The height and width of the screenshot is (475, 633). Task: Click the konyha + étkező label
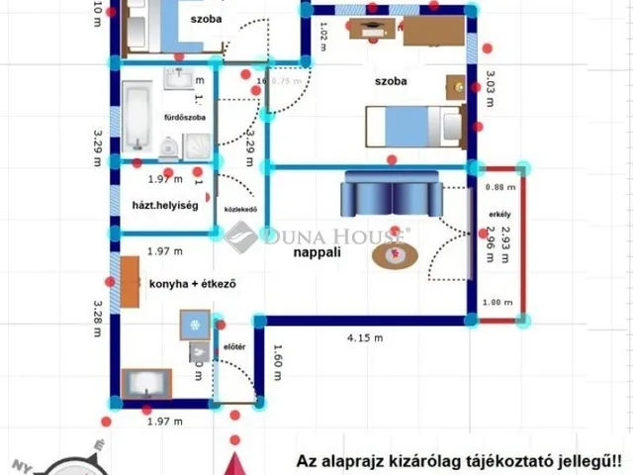(194, 283)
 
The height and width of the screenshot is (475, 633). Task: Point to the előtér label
(234, 346)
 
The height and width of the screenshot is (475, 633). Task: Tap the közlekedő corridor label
(241, 210)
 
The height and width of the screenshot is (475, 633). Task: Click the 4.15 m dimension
(364, 338)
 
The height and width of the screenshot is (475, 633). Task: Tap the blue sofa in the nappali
(392, 192)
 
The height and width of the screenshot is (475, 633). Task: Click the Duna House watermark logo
(316, 237)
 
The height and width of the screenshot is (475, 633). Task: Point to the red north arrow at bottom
(234, 464)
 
